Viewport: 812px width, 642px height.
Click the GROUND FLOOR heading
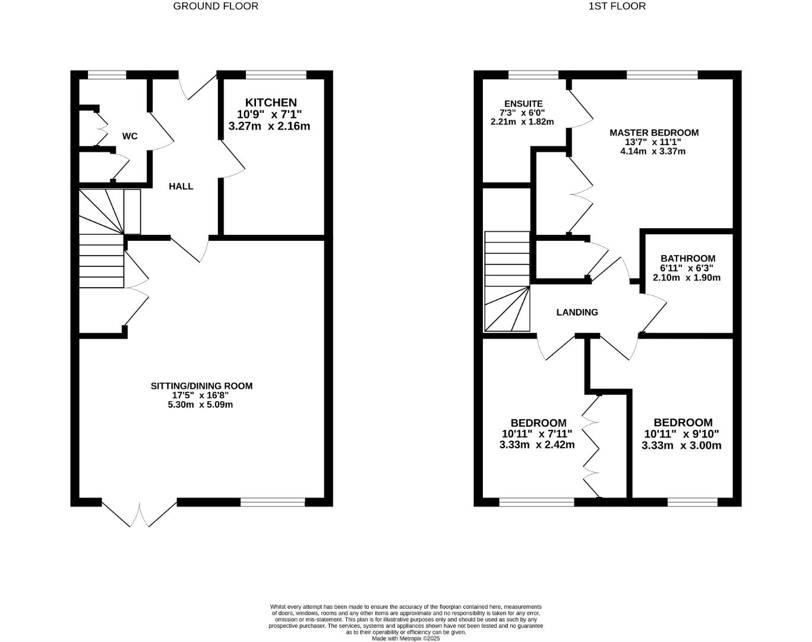216,7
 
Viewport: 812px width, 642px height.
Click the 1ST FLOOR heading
617,7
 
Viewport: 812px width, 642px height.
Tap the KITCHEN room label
271,103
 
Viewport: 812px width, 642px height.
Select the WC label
129,136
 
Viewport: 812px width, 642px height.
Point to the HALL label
181,186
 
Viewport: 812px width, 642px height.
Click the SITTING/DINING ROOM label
201,386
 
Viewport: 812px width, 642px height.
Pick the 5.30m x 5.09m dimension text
200,405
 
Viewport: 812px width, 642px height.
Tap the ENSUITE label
523,103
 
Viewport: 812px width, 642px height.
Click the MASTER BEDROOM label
653,133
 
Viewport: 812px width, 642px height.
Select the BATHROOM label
687,259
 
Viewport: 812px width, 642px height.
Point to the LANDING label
577,312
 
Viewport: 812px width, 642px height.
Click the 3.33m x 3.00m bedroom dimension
681,445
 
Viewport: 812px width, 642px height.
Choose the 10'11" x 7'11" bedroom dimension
536,434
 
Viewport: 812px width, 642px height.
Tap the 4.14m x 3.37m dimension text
652,151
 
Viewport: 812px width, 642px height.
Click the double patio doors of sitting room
140,512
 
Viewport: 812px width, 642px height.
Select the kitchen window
276,75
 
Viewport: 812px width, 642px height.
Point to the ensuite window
533,75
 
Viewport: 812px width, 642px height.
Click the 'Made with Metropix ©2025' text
405,638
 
